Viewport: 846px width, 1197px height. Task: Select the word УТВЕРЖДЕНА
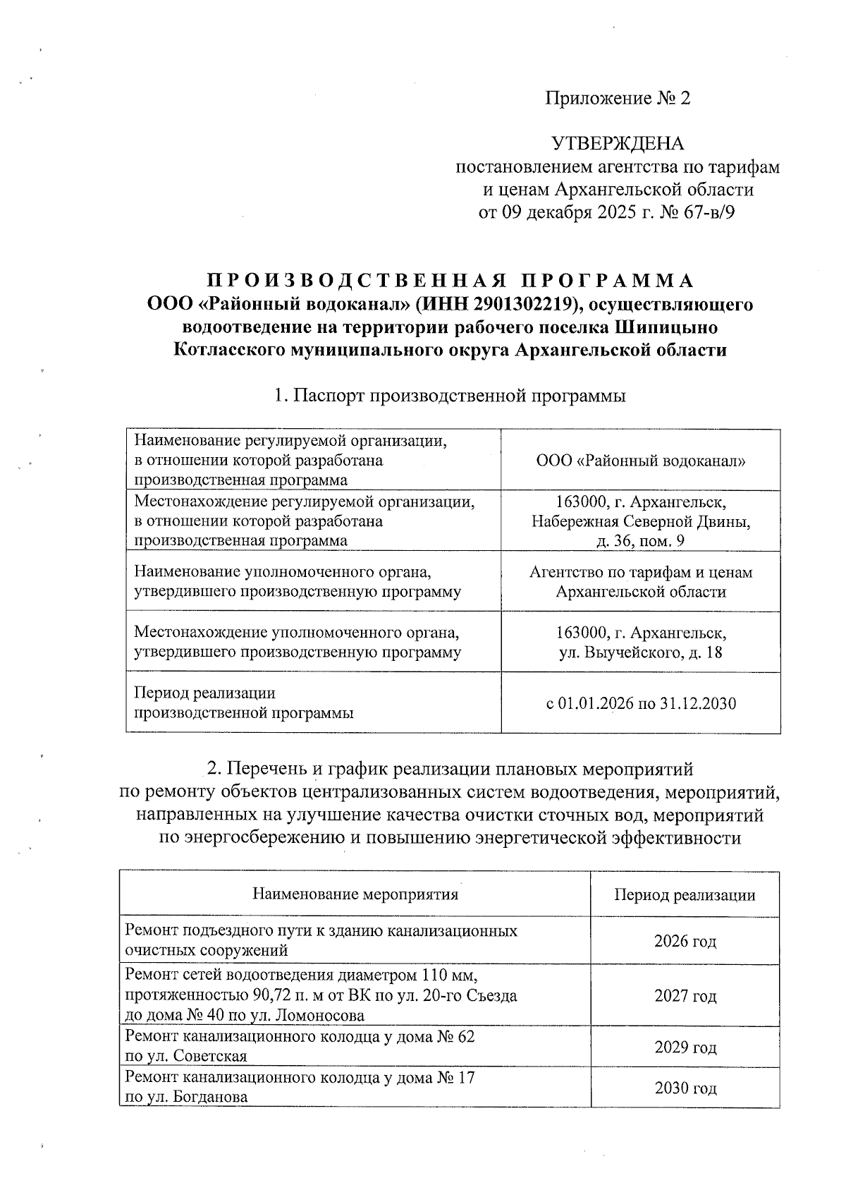point(618,144)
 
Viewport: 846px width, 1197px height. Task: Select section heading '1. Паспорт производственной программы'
point(450,396)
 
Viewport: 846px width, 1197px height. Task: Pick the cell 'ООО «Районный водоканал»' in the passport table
point(640,461)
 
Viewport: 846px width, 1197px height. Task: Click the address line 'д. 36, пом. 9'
point(640,541)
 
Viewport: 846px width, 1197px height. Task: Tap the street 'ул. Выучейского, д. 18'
point(640,652)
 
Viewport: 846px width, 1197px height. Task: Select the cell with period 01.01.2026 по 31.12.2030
point(640,703)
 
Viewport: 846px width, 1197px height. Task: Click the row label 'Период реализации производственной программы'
point(244,703)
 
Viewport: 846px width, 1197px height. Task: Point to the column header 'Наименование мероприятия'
point(355,894)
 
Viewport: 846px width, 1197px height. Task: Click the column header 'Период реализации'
point(685,895)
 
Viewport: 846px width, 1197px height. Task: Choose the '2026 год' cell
point(685,941)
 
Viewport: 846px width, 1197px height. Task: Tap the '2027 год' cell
point(685,996)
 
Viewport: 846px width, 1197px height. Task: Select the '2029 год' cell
point(685,1047)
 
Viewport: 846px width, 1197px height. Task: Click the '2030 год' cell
point(685,1088)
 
